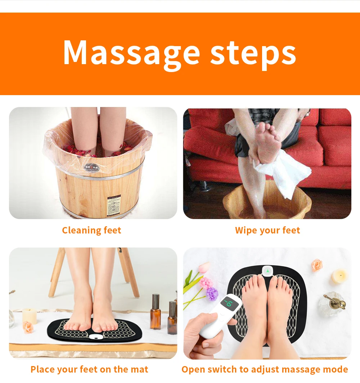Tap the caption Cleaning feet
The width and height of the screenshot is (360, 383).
click(91, 230)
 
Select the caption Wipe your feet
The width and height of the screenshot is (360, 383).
click(267, 230)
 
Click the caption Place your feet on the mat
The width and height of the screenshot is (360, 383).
click(89, 369)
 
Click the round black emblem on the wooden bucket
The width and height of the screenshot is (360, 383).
click(90, 168)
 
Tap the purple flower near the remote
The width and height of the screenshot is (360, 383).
click(212, 294)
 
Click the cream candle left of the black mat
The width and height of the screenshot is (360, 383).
click(30, 316)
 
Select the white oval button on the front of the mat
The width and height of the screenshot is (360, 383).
click(95, 337)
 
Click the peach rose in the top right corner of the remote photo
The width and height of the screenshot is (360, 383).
click(317, 265)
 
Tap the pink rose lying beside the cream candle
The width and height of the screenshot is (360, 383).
click(28, 327)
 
